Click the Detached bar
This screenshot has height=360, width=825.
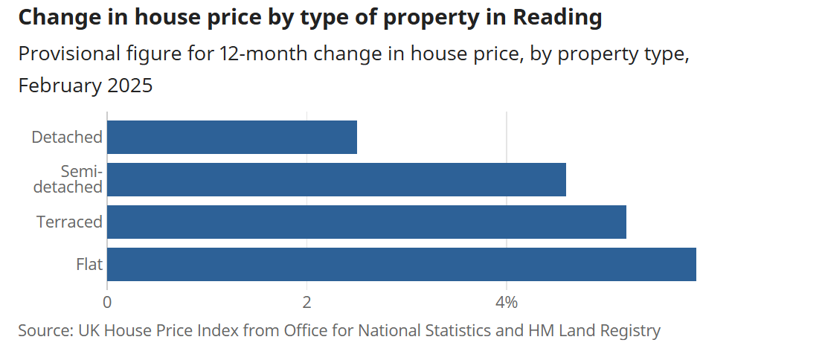[232, 138]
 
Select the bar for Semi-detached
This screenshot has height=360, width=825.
[336, 180]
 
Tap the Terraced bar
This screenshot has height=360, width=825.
[367, 222]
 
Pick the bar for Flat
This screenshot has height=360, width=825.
[402, 265]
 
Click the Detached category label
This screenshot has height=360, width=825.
[67, 138]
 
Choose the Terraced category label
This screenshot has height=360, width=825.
[69, 222]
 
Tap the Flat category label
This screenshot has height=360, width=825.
[89, 265]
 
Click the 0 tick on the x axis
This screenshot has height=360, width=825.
[107, 303]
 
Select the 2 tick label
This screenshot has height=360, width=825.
[306, 303]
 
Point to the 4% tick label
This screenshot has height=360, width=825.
[506, 303]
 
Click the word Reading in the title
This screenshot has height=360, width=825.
[558, 18]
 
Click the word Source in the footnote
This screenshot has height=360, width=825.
[43, 330]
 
